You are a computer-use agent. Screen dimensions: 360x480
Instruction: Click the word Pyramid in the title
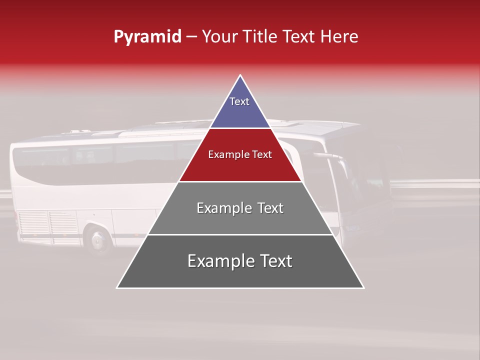point(147,37)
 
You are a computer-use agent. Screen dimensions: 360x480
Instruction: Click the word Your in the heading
point(218,37)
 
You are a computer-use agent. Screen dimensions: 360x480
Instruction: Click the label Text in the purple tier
point(239,101)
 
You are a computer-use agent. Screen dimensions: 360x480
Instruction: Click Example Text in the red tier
point(240,154)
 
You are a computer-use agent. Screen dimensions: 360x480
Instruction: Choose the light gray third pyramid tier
point(240,220)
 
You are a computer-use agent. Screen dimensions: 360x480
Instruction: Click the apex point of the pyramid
point(240,76)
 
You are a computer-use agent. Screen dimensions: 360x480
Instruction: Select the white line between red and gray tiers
point(240,181)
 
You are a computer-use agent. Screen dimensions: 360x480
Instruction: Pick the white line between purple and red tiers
point(240,128)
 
